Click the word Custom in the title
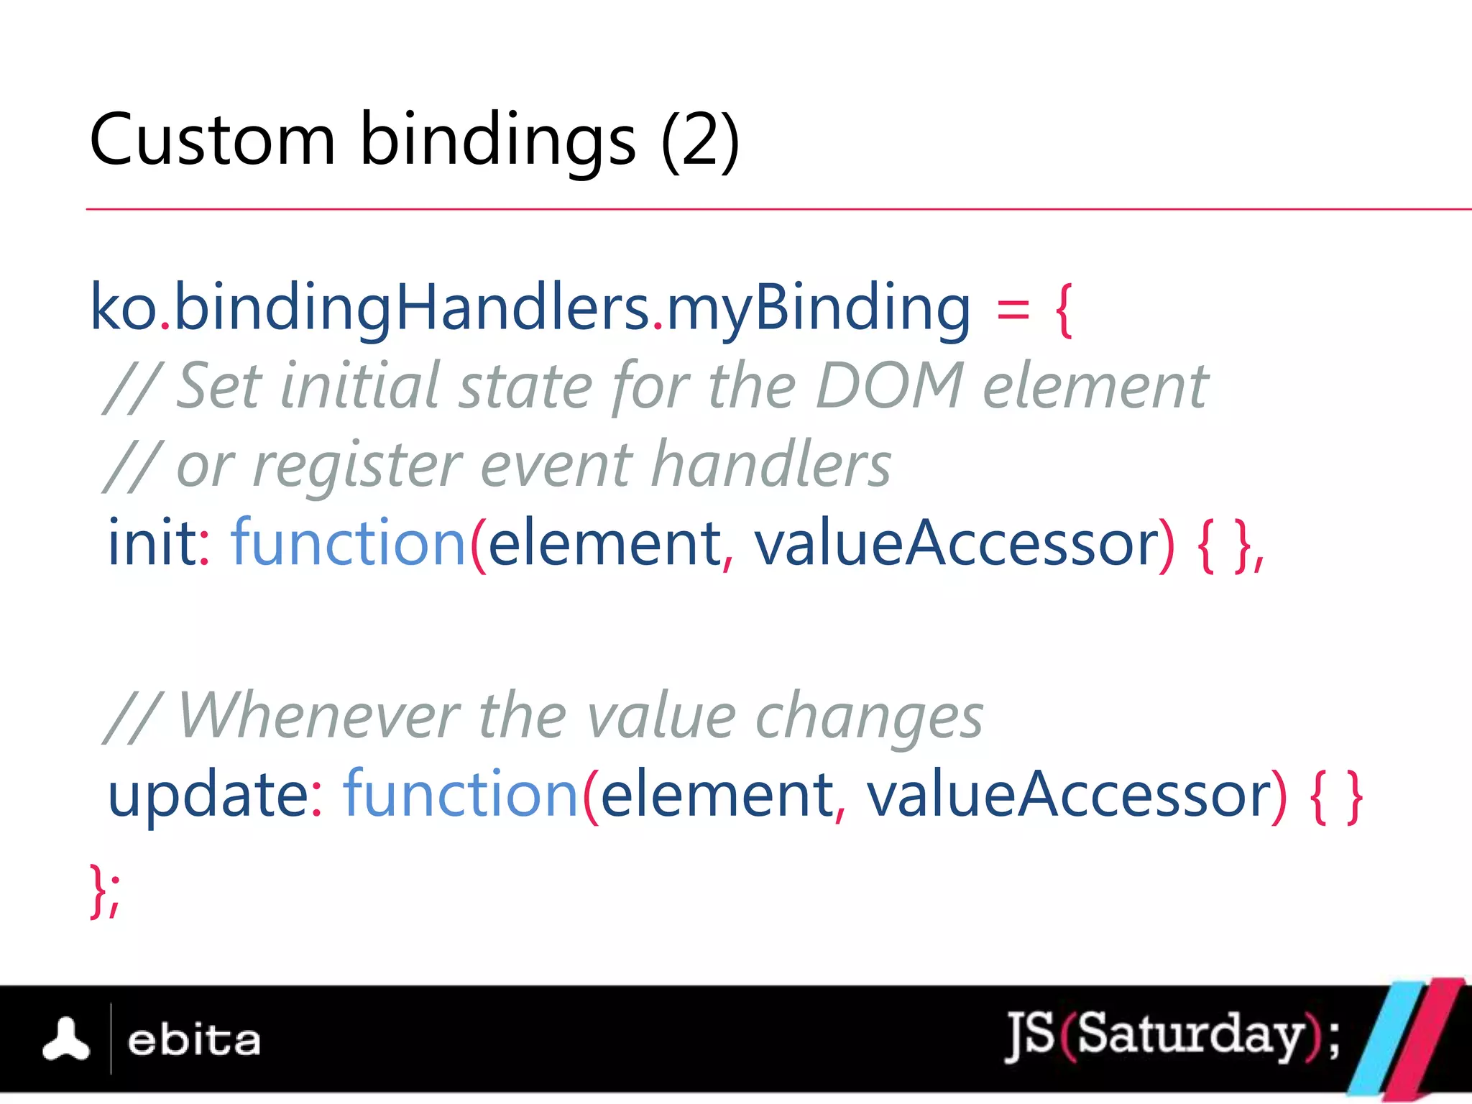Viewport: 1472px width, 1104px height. pos(212,140)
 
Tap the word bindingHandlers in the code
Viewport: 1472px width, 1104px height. pos(411,308)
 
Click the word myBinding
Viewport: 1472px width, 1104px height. pos(818,308)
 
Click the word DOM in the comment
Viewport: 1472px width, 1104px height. pos(889,386)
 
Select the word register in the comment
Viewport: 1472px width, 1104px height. pos(357,466)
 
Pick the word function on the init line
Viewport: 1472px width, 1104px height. pos(349,543)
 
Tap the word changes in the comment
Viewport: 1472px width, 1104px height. pos(868,717)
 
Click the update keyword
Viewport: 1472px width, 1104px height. pos(208,796)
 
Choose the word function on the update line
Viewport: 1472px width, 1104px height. pos(461,794)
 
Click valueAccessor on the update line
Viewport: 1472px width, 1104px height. pos(1068,796)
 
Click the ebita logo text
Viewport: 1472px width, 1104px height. pos(193,1041)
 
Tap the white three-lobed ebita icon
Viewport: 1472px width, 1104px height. pos(66,1039)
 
